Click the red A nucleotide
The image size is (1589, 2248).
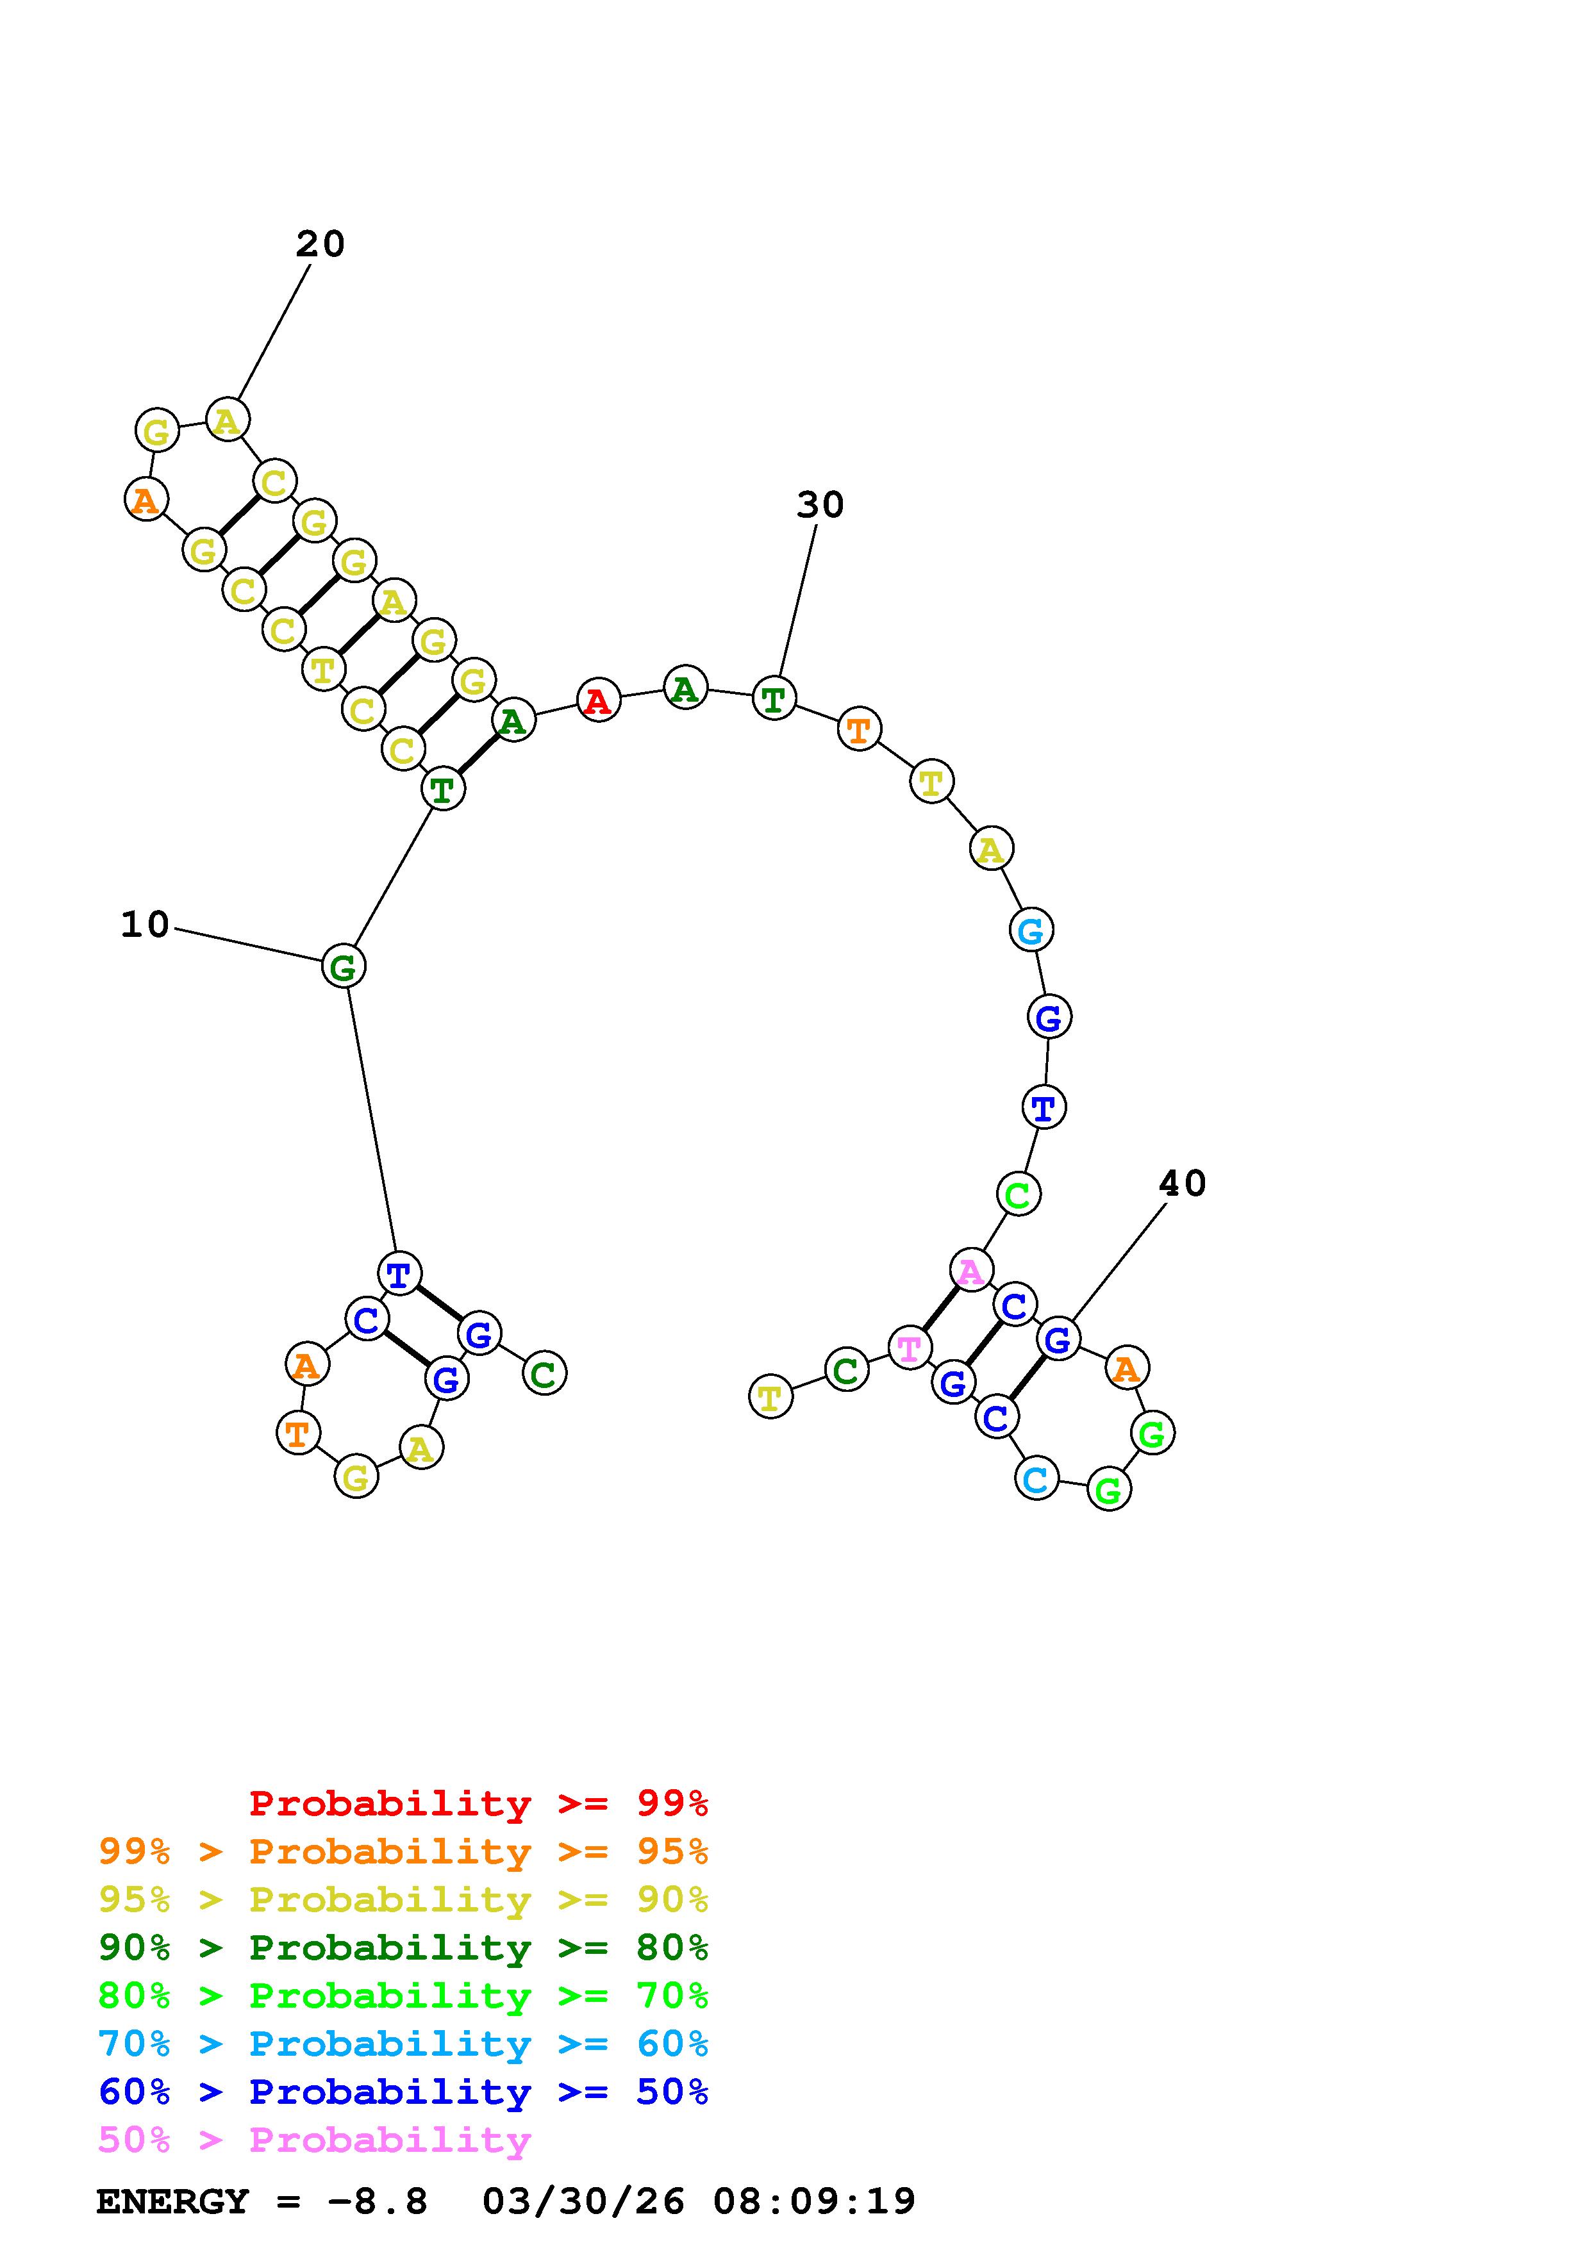click(598, 701)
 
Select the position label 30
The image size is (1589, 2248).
click(819, 505)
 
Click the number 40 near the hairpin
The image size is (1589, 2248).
click(1182, 1184)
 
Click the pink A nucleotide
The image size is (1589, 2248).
click(970, 1271)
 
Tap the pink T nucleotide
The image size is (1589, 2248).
click(908, 1348)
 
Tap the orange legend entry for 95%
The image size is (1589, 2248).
click(403, 1851)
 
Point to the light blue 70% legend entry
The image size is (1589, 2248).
click(403, 2044)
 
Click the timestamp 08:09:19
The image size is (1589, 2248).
click(813, 2202)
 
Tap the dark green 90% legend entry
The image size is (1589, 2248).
click(403, 1948)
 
